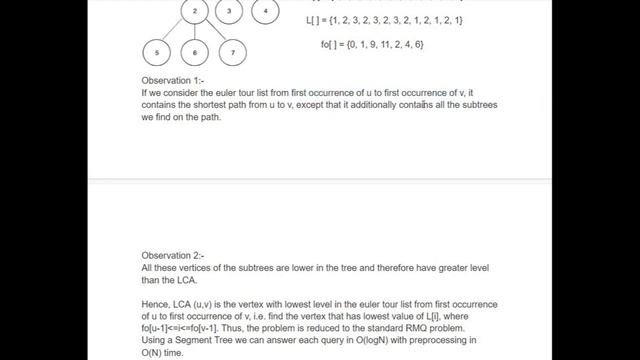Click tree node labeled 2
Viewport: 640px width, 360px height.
pyautogui.click(x=196, y=12)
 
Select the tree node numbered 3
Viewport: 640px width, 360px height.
pyautogui.click(x=230, y=12)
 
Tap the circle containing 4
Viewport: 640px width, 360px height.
pyautogui.click(x=265, y=12)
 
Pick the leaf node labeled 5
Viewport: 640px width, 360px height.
pyautogui.click(x=158, y=51)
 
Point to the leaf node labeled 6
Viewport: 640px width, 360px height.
pyautogui.click(x=196, y=51)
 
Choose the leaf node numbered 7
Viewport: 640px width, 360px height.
pyautogui.click(x=232, y=51)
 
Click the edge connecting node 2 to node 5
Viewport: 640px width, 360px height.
pyautogui.click(x=176, y=32)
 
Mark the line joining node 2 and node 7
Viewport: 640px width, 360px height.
pyautogui.click(x=214, y=32)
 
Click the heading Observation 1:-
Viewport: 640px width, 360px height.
pyautogui.click(x=173, y=80)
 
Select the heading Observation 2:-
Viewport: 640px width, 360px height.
pyautogui.click(x=173, y=255)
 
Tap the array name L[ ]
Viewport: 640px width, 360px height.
pyautogui.click(x=314, y=20)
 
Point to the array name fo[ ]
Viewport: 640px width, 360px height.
pyautogui.click(x=330, y=46)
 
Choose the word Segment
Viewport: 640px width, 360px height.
pyautogui.click(x=208, y=341)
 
